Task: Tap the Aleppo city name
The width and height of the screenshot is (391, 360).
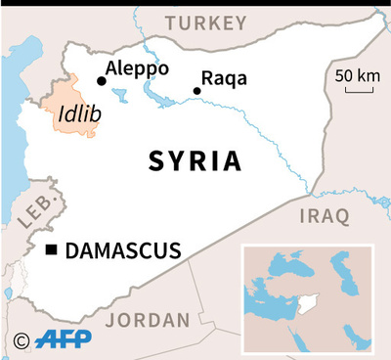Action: tap(138, 68)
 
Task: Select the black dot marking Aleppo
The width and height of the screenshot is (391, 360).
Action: tap(101, 82)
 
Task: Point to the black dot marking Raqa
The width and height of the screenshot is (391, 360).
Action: tap(196, 91)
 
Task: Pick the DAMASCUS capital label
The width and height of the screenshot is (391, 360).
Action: tap(123, 251)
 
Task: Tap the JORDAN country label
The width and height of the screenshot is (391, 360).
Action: tap(148, 320)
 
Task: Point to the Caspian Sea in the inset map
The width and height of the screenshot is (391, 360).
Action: tap(341, 270)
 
